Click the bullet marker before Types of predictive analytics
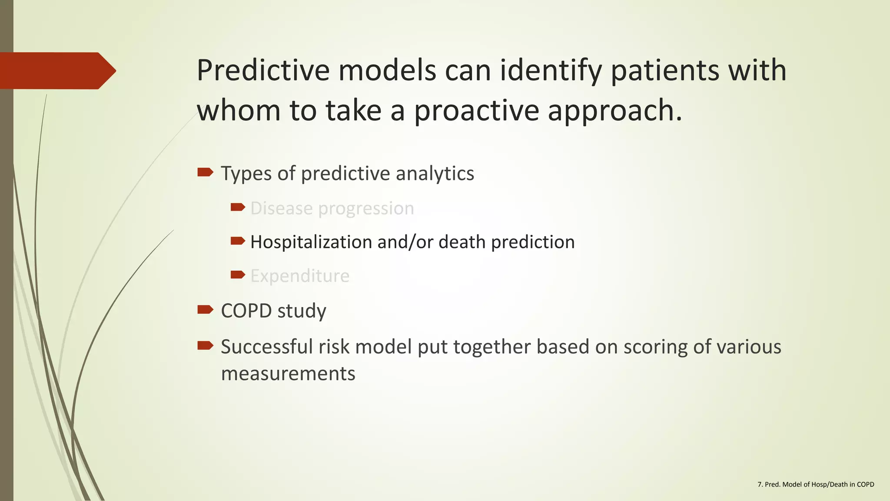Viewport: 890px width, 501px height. pos(205,173)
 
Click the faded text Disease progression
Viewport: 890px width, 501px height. pos(332,208)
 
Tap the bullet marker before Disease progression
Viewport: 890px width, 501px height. pos(238,207)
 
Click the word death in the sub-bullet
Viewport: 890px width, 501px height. pos(462,242)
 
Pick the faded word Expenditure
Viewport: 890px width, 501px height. pos(300,276)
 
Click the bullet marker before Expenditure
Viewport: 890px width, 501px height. pos(238,274)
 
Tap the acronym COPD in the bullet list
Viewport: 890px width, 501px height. pos(246,311)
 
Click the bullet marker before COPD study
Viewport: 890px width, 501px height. pos(205,310)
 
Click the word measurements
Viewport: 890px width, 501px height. pos(288,374)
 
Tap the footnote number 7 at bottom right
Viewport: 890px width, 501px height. pos(760,484)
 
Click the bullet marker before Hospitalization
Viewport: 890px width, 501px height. pos(238,240)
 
